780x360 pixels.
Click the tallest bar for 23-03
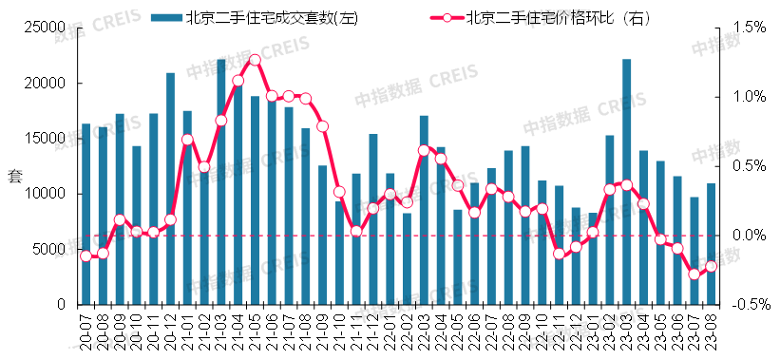point(627,181)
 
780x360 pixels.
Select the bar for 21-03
point(221,181)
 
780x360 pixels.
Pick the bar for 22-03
point(424,210)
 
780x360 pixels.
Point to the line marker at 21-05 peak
point(255,61)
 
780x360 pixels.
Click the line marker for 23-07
point(694,275)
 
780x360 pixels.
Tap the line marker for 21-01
point(187,140)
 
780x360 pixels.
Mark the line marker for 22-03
point(424,150)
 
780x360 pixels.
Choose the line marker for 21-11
point(356,231)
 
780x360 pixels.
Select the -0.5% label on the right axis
point(750,305)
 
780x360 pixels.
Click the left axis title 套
point(13,175)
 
